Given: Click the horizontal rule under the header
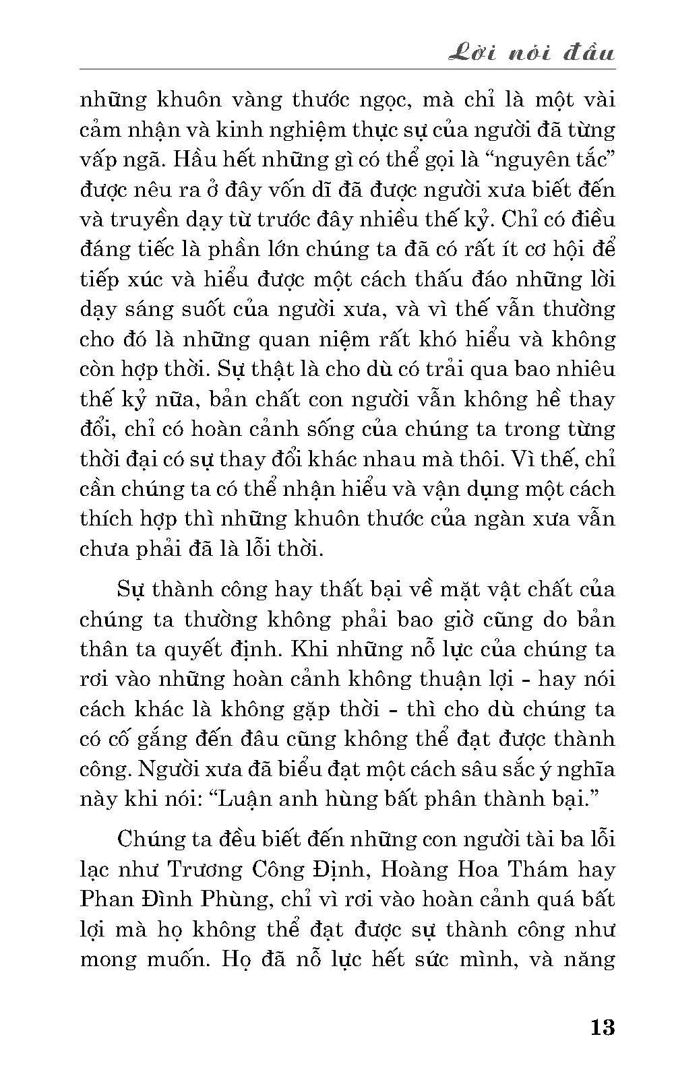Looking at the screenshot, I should pyautogui.click(x=347, y=69).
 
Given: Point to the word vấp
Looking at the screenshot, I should pyautogui.click(x=98, y=160).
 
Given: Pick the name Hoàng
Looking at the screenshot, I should pyautogui.click(x=414, y=869).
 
